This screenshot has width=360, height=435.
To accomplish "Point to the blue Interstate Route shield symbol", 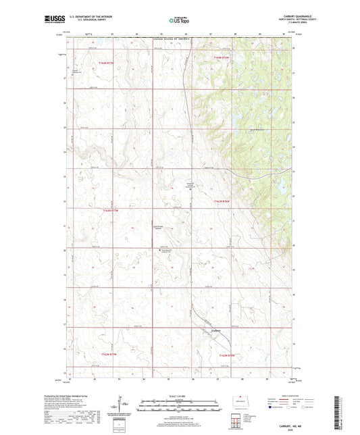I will point(272,407).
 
